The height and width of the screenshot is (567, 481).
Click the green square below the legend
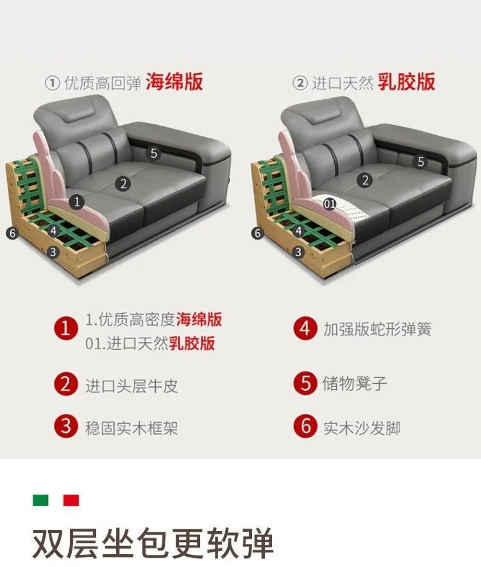click(40, 500)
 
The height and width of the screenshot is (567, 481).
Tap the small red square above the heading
click(71, 500)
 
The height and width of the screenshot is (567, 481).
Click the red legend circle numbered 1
click(66, 329)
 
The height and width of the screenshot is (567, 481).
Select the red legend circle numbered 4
click(305, 329)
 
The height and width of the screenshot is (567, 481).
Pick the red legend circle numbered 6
click(305, 425)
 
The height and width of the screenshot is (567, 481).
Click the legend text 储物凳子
click(354, 383)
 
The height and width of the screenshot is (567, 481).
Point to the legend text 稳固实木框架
click(131, 428)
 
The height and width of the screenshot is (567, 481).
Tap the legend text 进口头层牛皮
click(131, 386)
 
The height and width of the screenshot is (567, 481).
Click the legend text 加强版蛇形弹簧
click(377, 329)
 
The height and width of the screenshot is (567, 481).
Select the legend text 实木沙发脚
click(362, 428)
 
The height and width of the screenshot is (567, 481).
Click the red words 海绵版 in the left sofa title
click(174, 81)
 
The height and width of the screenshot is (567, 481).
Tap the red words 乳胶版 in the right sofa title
click(406, 81)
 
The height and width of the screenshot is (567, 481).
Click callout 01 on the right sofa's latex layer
click(330, 204)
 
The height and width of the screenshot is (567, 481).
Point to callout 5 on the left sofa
click(153, 153)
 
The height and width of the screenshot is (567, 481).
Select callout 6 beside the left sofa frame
click(12, 233)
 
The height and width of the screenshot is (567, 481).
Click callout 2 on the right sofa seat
click(365, 180)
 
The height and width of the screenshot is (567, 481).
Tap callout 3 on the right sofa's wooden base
click(298, 252)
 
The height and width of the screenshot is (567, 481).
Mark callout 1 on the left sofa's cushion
click(76, 202)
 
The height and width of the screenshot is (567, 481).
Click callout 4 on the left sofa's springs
click(54, 231)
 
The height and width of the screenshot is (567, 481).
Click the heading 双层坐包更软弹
click(153, 543)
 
